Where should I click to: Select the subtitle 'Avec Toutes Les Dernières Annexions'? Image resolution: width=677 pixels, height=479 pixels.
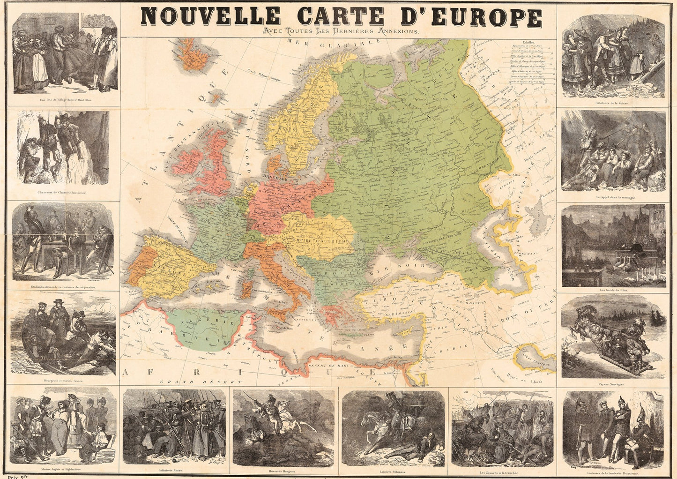click(x=341, y=31)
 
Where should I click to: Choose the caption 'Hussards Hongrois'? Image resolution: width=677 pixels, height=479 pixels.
click(x=284, y=469)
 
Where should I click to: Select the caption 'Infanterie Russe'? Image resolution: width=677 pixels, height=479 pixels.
click(x=174, y=469)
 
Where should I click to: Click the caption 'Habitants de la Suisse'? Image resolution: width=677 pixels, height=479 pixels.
click(x=613, y=103)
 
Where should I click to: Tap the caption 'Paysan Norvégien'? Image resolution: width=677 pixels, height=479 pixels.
click(x=614, y=383)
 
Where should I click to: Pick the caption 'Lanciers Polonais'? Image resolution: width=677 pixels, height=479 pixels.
click(x=394, y=469)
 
